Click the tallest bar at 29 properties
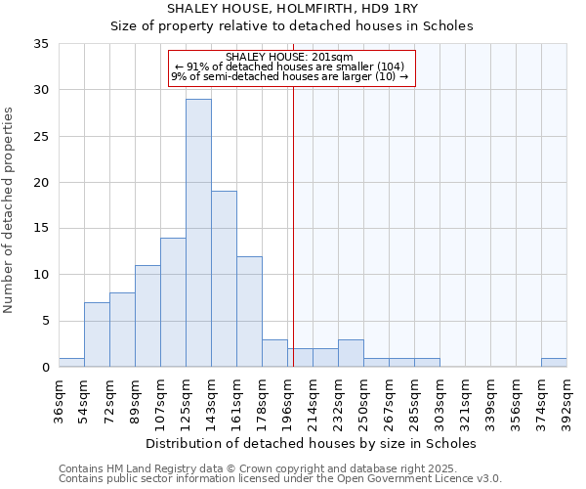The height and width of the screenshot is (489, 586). (x=198, y=233)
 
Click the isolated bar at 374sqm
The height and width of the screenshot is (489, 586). (x=554, y=363)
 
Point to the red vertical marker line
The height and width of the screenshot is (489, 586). (x=293, y=225)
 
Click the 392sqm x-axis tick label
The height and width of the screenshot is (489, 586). (x=566, y=402)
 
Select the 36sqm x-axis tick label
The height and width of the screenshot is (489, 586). (x=59, y=402)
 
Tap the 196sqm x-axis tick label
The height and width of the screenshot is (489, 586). (x=287, y=402)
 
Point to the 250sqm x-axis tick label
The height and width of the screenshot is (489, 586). (x=363, y=402)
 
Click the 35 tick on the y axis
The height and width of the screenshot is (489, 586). (x=42, y=44)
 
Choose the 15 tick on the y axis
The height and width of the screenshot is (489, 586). (x=42, y=229)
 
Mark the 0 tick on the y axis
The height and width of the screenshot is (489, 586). (x=46, y=368)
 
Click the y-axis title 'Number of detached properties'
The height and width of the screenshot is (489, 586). (x=11, y=210)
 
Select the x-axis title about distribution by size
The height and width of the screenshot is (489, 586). (x=313, y=443)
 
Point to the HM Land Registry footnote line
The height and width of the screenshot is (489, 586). (x=265, y=468)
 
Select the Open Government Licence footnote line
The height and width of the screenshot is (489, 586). (x=280, y=479)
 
